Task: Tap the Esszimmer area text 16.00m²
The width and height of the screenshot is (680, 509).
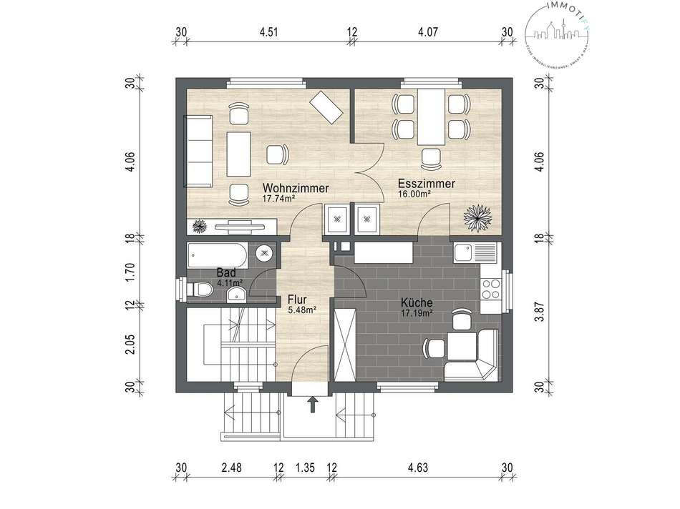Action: click(x=414, y=194)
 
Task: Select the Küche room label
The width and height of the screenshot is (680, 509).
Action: click(x=416, y=302)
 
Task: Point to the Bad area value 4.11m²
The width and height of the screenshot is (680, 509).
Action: click(x=230, y=282)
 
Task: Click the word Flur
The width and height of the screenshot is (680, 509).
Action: click(x=297, y=300)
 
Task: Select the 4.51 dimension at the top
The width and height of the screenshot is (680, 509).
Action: click(x=268, y=31)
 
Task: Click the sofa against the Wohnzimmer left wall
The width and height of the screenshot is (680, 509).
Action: click(x=199, y=149)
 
